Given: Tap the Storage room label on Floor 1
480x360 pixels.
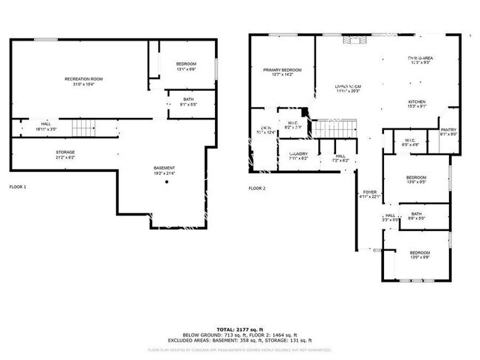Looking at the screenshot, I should (66, 154).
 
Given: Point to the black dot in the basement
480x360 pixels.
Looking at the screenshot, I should (167, 182).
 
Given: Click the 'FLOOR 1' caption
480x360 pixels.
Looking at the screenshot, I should (18, 187).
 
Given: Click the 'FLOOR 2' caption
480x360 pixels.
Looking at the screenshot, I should (257, 188).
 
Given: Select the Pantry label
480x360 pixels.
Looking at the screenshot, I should (448, 131).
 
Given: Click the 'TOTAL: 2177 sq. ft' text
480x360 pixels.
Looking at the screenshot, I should (240, 330).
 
